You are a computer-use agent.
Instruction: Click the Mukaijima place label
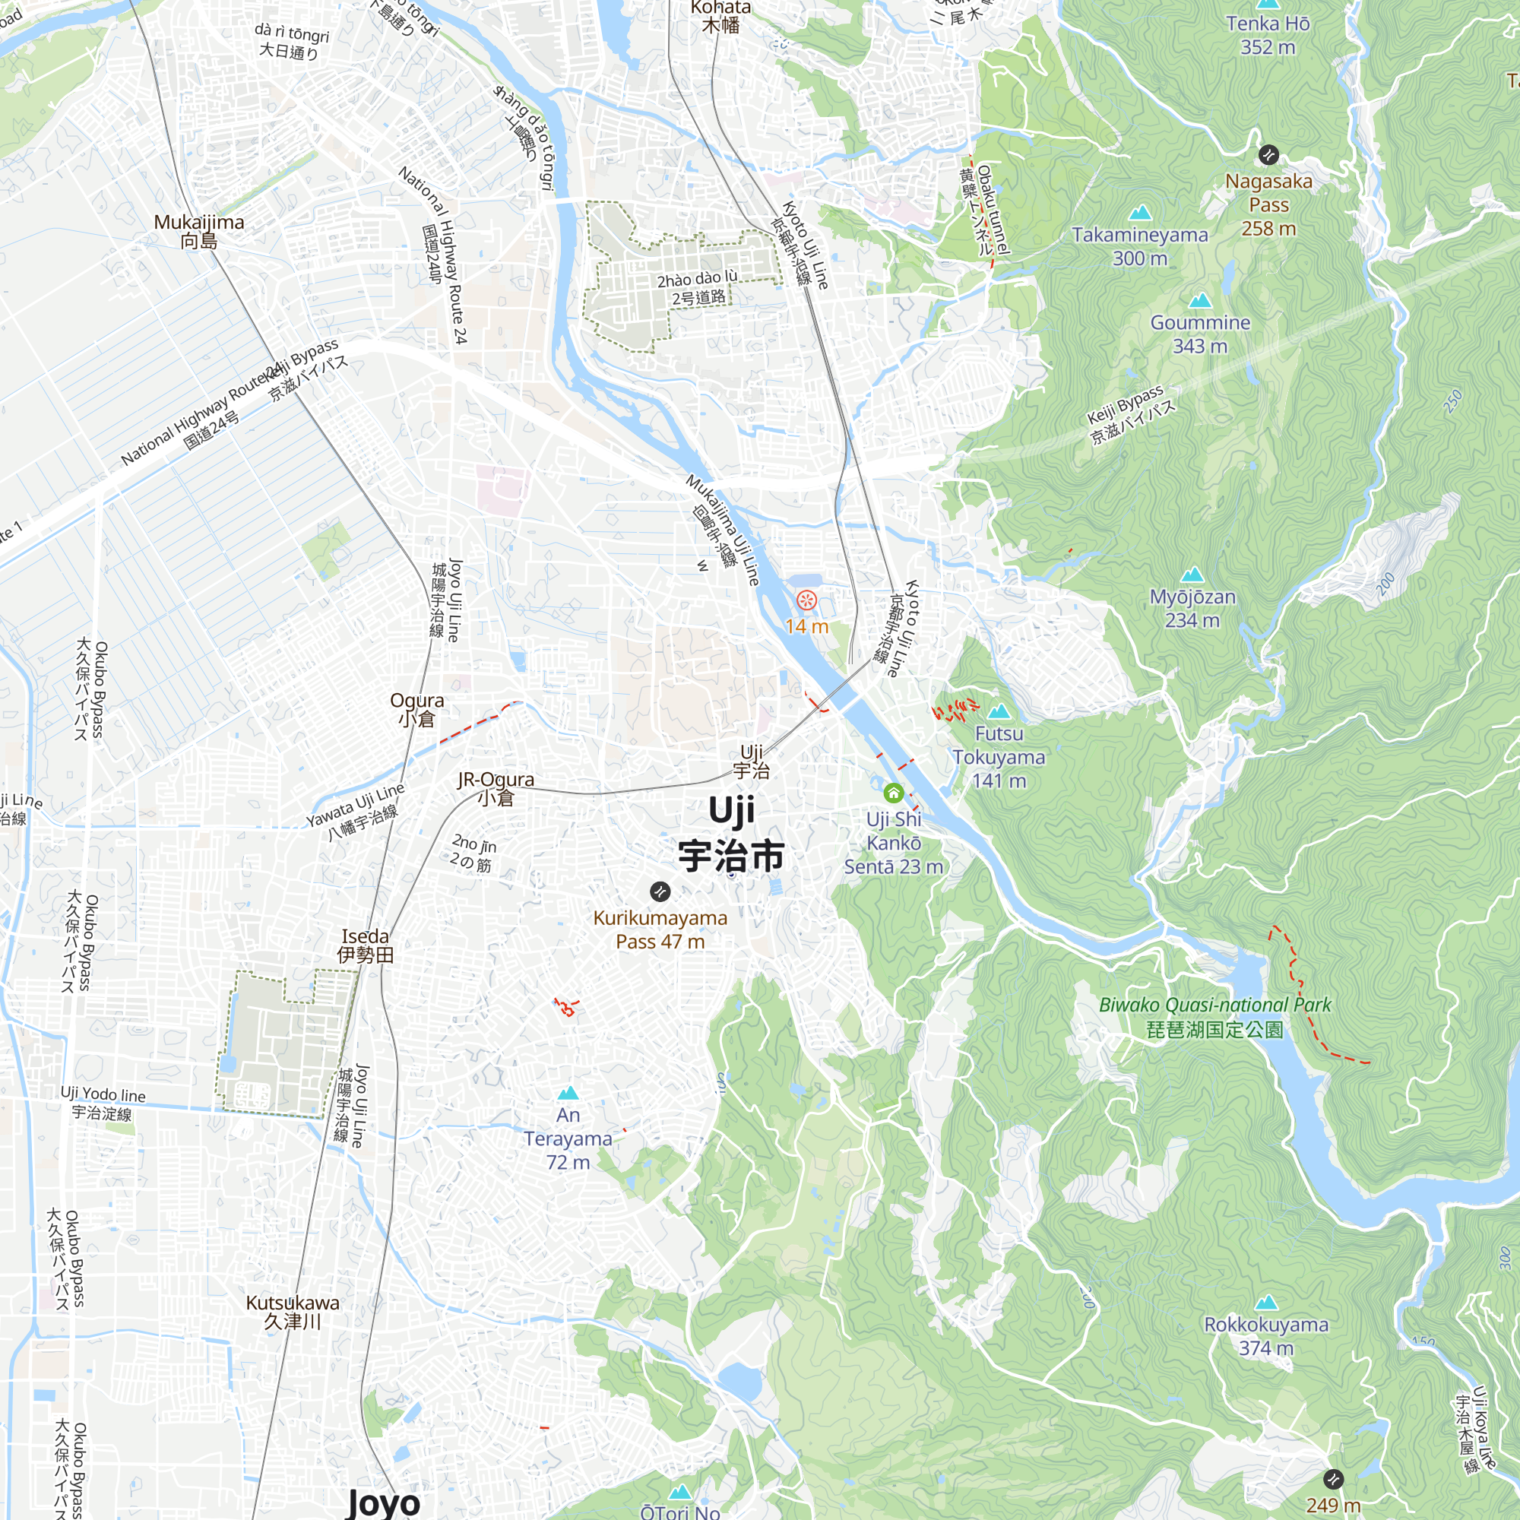pos(199,231)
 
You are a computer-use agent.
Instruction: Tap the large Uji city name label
pos(731,834)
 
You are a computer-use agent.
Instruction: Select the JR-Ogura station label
pos(496,788)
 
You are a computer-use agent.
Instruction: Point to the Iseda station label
pos(365,945)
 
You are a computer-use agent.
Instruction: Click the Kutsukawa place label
pos(293,1312)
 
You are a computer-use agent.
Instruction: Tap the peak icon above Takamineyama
pos(1140,213)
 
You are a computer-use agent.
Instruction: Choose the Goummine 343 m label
pos(1200,334)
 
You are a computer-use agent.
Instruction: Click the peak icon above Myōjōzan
pos(1192,575)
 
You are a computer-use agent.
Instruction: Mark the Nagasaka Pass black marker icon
pos(1268,155)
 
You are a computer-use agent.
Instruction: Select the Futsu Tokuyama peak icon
pos(999,711)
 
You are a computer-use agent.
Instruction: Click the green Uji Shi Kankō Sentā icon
pos(893,792)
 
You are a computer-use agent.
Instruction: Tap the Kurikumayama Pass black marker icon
pos(659,891)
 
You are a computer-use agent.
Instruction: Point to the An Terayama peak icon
pos(568,1093)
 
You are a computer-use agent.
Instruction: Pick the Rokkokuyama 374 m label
pos(1266,1336)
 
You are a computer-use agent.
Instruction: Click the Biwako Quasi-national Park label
pos(1214,1016)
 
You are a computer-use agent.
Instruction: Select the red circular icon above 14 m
pos(806,601)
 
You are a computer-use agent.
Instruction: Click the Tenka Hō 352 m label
pos(1268,36)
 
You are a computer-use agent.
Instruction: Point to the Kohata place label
pos(720,17)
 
